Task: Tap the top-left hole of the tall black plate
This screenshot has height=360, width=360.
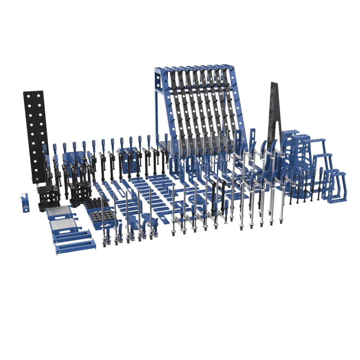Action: click(28, 98)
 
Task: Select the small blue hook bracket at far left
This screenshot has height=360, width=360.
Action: click(25, 203)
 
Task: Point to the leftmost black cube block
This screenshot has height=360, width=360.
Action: click(48, 198)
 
